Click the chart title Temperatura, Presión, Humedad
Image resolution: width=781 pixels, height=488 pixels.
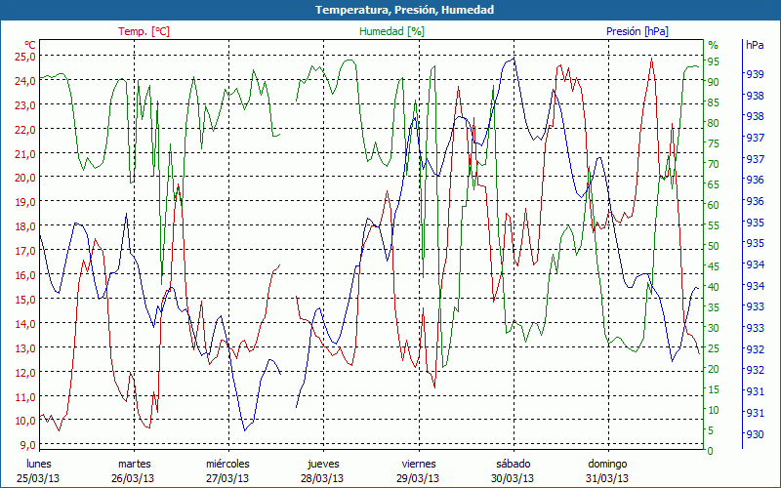[390, 10]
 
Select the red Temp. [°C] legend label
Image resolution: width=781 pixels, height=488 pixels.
[144, 31]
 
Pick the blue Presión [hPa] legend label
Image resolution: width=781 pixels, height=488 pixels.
[637, 31]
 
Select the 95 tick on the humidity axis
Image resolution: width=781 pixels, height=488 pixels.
[713, 61]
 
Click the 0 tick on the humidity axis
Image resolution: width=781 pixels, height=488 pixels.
[710, 451]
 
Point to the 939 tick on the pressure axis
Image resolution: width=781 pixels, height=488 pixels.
[755, 73]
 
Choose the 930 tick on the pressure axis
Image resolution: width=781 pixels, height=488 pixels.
[755, 434]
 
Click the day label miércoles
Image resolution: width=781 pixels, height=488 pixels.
[228, 464]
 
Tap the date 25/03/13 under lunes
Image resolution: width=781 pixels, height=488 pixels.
[39, 478]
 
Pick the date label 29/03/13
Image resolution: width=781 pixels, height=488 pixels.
[418, 478]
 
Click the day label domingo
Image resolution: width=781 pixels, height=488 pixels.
[607, 464]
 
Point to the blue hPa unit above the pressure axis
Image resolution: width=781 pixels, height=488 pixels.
[755, 45]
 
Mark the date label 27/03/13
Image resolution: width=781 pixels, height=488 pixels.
[228, 478]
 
